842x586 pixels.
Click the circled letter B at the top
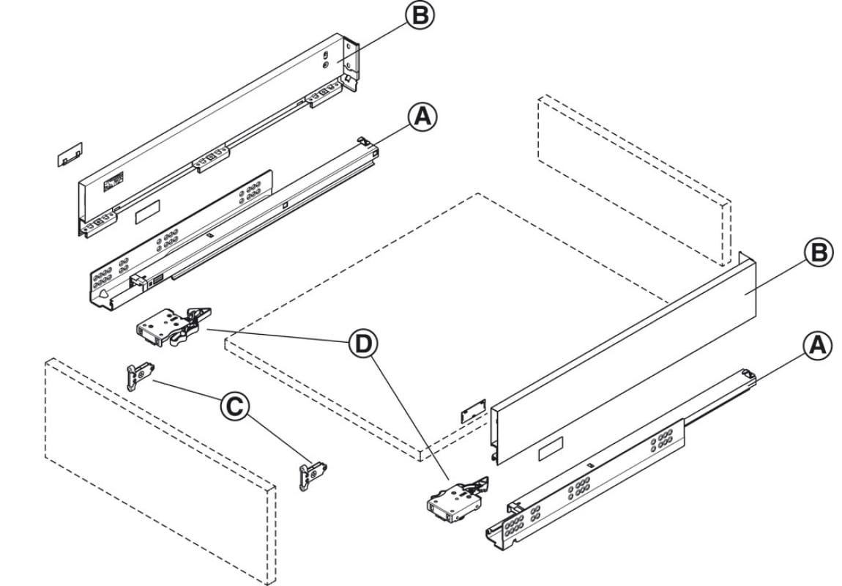[420, 15]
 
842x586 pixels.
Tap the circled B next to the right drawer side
[818, 253]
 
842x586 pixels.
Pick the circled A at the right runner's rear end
[818, 345]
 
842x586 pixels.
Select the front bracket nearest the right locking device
[313, 474]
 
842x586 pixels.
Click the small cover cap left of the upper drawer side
[70, 153]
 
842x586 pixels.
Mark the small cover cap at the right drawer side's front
[473, 411]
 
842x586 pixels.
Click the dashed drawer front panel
[157, 469]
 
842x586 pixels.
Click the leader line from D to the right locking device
[410, 418]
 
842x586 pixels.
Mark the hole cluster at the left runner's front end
[103, 280]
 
